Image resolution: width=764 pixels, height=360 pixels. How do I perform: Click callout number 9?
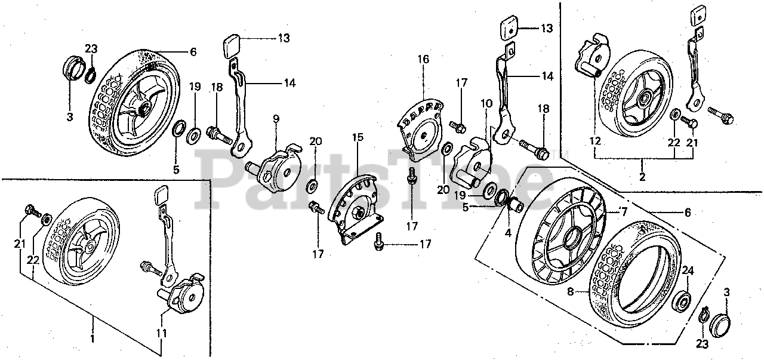click(x=276, y=119)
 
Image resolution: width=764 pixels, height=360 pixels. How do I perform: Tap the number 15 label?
click(x=357, y=138)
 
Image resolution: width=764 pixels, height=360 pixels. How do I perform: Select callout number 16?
click(x=423, y=60)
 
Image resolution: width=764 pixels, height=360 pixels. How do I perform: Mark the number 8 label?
click(x=569, y=293)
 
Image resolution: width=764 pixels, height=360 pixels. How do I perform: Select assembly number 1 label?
click(x=93, y=339)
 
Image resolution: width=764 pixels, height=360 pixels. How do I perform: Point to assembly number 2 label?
click(x=642, y=177)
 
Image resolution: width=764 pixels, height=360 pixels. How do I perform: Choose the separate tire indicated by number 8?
click(x=633, y=281)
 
